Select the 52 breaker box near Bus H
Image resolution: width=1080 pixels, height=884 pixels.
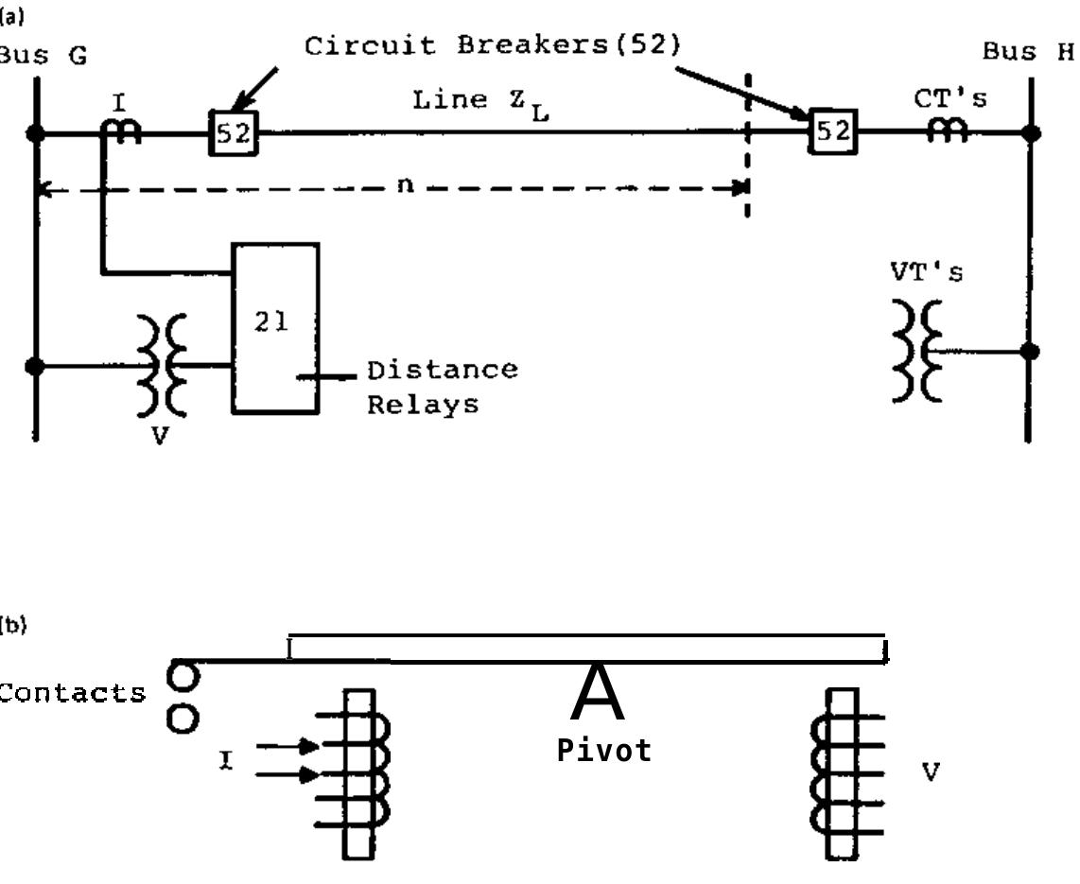pos(833,131)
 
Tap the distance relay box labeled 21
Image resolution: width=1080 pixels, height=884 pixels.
pos(275,328)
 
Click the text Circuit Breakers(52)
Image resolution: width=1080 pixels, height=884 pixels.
pos(492,46)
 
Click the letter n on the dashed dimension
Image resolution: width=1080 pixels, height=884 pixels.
pos(405,184)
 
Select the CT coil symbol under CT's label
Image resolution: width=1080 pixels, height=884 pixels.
pos(946,133)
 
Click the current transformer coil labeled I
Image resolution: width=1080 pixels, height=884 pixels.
pos(121,133)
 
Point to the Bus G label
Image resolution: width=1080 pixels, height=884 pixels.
pos(43,56)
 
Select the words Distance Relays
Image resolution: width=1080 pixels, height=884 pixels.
pos(442,387)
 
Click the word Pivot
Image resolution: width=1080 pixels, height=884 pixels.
pos(603,751)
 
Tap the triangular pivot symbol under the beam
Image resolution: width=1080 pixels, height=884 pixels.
pos(598,693)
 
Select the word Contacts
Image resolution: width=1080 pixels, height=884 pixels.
pos(73,693)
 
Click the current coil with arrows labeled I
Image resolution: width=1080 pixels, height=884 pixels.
pos(359,773)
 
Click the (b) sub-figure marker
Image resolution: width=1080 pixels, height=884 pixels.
pos(13,624)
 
